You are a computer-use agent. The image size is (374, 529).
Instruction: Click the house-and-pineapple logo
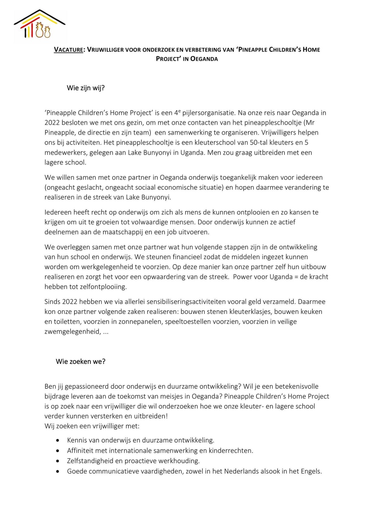(x=39, y=25)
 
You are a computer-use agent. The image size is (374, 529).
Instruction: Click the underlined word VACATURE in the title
(x=68, y=50)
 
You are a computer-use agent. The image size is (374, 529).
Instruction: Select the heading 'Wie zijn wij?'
(x=86, y=88)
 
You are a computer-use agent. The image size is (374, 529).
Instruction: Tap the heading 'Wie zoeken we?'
(x=80, y=361)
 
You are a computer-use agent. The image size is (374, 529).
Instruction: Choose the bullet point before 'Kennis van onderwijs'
(x=57, y=441)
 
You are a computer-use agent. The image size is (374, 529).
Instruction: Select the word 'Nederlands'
(x=243, y=471)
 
